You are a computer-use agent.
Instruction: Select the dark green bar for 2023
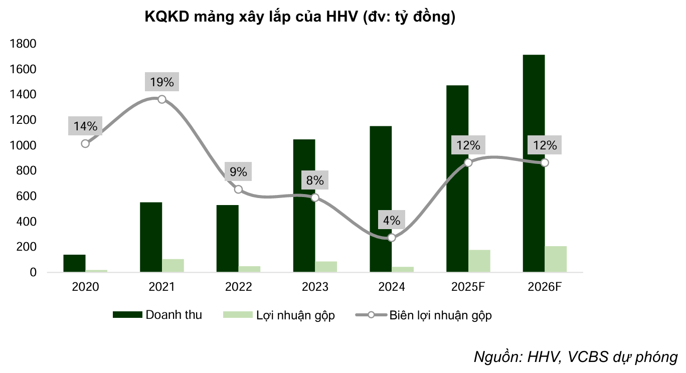tap(304, 206)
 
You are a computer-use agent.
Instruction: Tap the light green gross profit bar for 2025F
tap(479, 261)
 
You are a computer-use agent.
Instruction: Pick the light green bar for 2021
tap(173, 265)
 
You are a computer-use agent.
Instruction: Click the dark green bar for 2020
tap(74, 263)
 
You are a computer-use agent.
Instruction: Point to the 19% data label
tap(162, 82)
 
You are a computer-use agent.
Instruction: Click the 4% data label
tap(392, 221)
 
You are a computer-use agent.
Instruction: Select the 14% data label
tap(85, 126)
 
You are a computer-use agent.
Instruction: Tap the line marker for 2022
tap(239, 190)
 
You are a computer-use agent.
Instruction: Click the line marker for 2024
tap(392, 238)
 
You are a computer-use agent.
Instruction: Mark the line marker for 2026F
tap(545, 163)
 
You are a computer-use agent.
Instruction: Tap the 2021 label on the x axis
tap(162, 287)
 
